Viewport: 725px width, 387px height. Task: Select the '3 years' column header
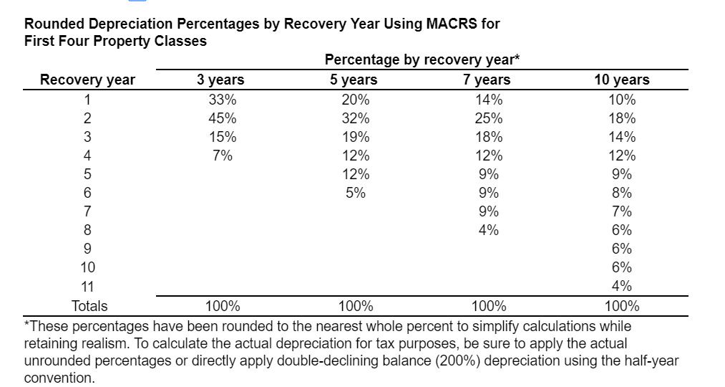pos(220,80)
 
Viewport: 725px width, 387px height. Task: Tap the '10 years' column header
pos(621,80)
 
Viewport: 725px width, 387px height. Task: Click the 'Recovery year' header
pos(87,80)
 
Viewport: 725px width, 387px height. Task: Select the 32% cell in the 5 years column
pos(355,118)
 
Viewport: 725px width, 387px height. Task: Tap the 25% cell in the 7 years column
pos(488,118)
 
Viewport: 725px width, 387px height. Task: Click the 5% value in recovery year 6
pos(355,193)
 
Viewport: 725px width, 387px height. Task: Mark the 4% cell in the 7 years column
pos(488,230)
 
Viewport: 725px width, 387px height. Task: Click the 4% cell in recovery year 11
pos(622,286)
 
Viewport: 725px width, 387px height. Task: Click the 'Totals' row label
pos(89,307)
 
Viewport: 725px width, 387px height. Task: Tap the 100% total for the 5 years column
pos(355,307)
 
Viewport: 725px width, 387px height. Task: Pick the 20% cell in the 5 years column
pos(355,100)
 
